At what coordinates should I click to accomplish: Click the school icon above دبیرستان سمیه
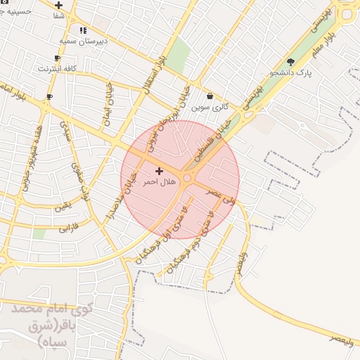pos(84,30)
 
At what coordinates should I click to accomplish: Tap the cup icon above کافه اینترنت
pos(57,58)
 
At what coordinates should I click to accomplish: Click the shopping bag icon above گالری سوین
pos(210,96)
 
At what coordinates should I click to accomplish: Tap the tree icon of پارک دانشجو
pos(291,62)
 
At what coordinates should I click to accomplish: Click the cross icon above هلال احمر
pos(158,171)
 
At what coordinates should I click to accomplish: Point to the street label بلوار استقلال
pos(154,70)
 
